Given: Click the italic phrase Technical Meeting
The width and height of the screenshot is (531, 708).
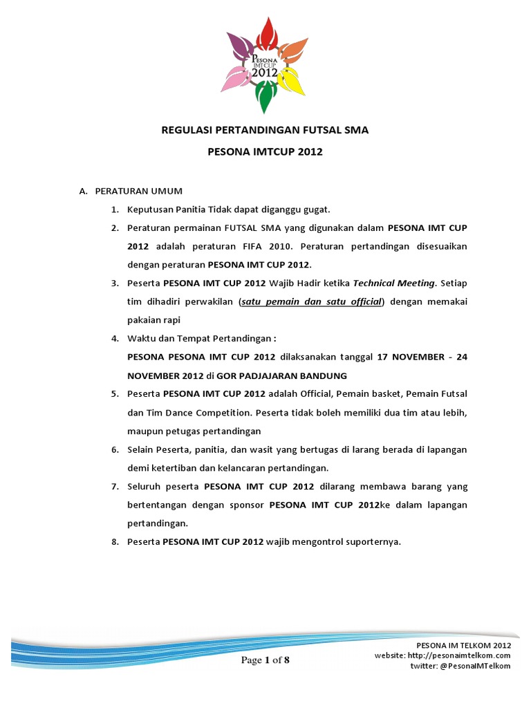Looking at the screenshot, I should click(393, 283).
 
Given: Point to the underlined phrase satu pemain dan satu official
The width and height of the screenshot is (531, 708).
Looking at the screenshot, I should click(311, 301).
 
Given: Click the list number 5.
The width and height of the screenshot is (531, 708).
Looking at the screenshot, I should click(115, 394).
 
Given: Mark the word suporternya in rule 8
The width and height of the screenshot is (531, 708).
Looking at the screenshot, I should click(369, 543).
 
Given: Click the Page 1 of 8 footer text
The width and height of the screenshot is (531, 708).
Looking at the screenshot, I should click(265, 660).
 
